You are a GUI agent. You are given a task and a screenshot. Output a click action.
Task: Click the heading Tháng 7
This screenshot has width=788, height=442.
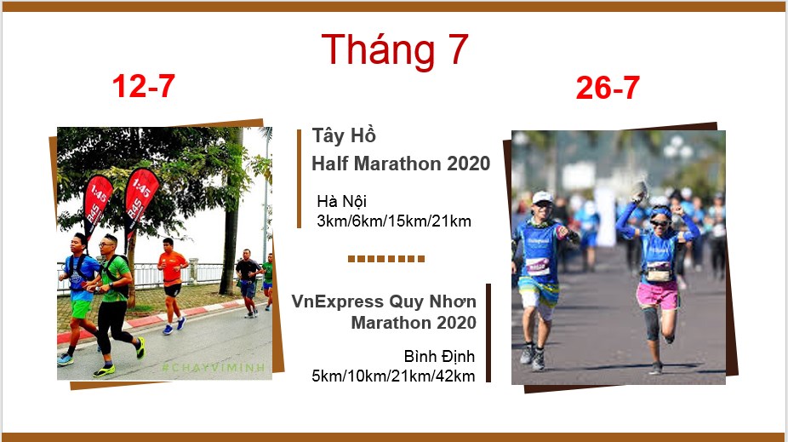pyautogui.click(x=395, y=49)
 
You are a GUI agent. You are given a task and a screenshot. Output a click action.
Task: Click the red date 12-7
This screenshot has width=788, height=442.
pyautogui.click(x=143, y=86)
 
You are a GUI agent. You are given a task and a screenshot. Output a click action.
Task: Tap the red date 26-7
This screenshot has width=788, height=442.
pyautogui.click(x=608, y=88)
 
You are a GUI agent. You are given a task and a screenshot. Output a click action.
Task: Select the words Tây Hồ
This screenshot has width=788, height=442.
pyautogui.click(x=344, y=135)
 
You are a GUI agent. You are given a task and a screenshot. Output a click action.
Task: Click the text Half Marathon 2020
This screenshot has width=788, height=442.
pyautogui.click(x=401, y=164)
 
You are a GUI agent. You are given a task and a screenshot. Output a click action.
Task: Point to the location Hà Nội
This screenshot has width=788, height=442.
pyautogui.click(x=342, y=202)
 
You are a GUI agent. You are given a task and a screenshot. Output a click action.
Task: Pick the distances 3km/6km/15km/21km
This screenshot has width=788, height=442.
pyautogui.click(x=394, y=221)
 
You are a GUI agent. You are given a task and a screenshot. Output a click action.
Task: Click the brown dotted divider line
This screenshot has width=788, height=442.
pyautogui.click(x=386, y=259)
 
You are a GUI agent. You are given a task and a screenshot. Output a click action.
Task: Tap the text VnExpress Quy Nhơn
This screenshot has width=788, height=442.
pyautogui.click(x=384, y=301)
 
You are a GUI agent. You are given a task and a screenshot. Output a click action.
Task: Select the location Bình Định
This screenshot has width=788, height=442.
pyautogui.click(x=439, y=357)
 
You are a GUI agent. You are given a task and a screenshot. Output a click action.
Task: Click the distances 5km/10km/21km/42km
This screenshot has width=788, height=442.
pyautogui.click(x=393, y=376)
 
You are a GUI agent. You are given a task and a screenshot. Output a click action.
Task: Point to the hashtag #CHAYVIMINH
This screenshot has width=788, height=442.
pyautogui.click(x=213, y=368)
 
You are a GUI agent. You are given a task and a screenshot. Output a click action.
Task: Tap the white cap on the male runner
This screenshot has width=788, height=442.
pyautogui.click(x=542, y=197)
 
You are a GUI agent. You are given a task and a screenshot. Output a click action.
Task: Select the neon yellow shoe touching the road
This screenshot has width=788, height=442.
pyautogui.click(x=104, y=371)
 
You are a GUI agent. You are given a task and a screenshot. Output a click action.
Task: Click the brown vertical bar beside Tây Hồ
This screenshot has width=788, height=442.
pyautogui.click(x=299, y=179)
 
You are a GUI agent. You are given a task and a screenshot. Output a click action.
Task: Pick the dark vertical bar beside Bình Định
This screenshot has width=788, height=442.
pyautogui.click(x=488, y=333)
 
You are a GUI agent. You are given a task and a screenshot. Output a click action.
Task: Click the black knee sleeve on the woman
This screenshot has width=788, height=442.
pyautogui.click(x=651, y=323)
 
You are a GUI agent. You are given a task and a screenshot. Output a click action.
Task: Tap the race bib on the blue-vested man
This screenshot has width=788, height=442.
pyautogui.click(x=537, y=266)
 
